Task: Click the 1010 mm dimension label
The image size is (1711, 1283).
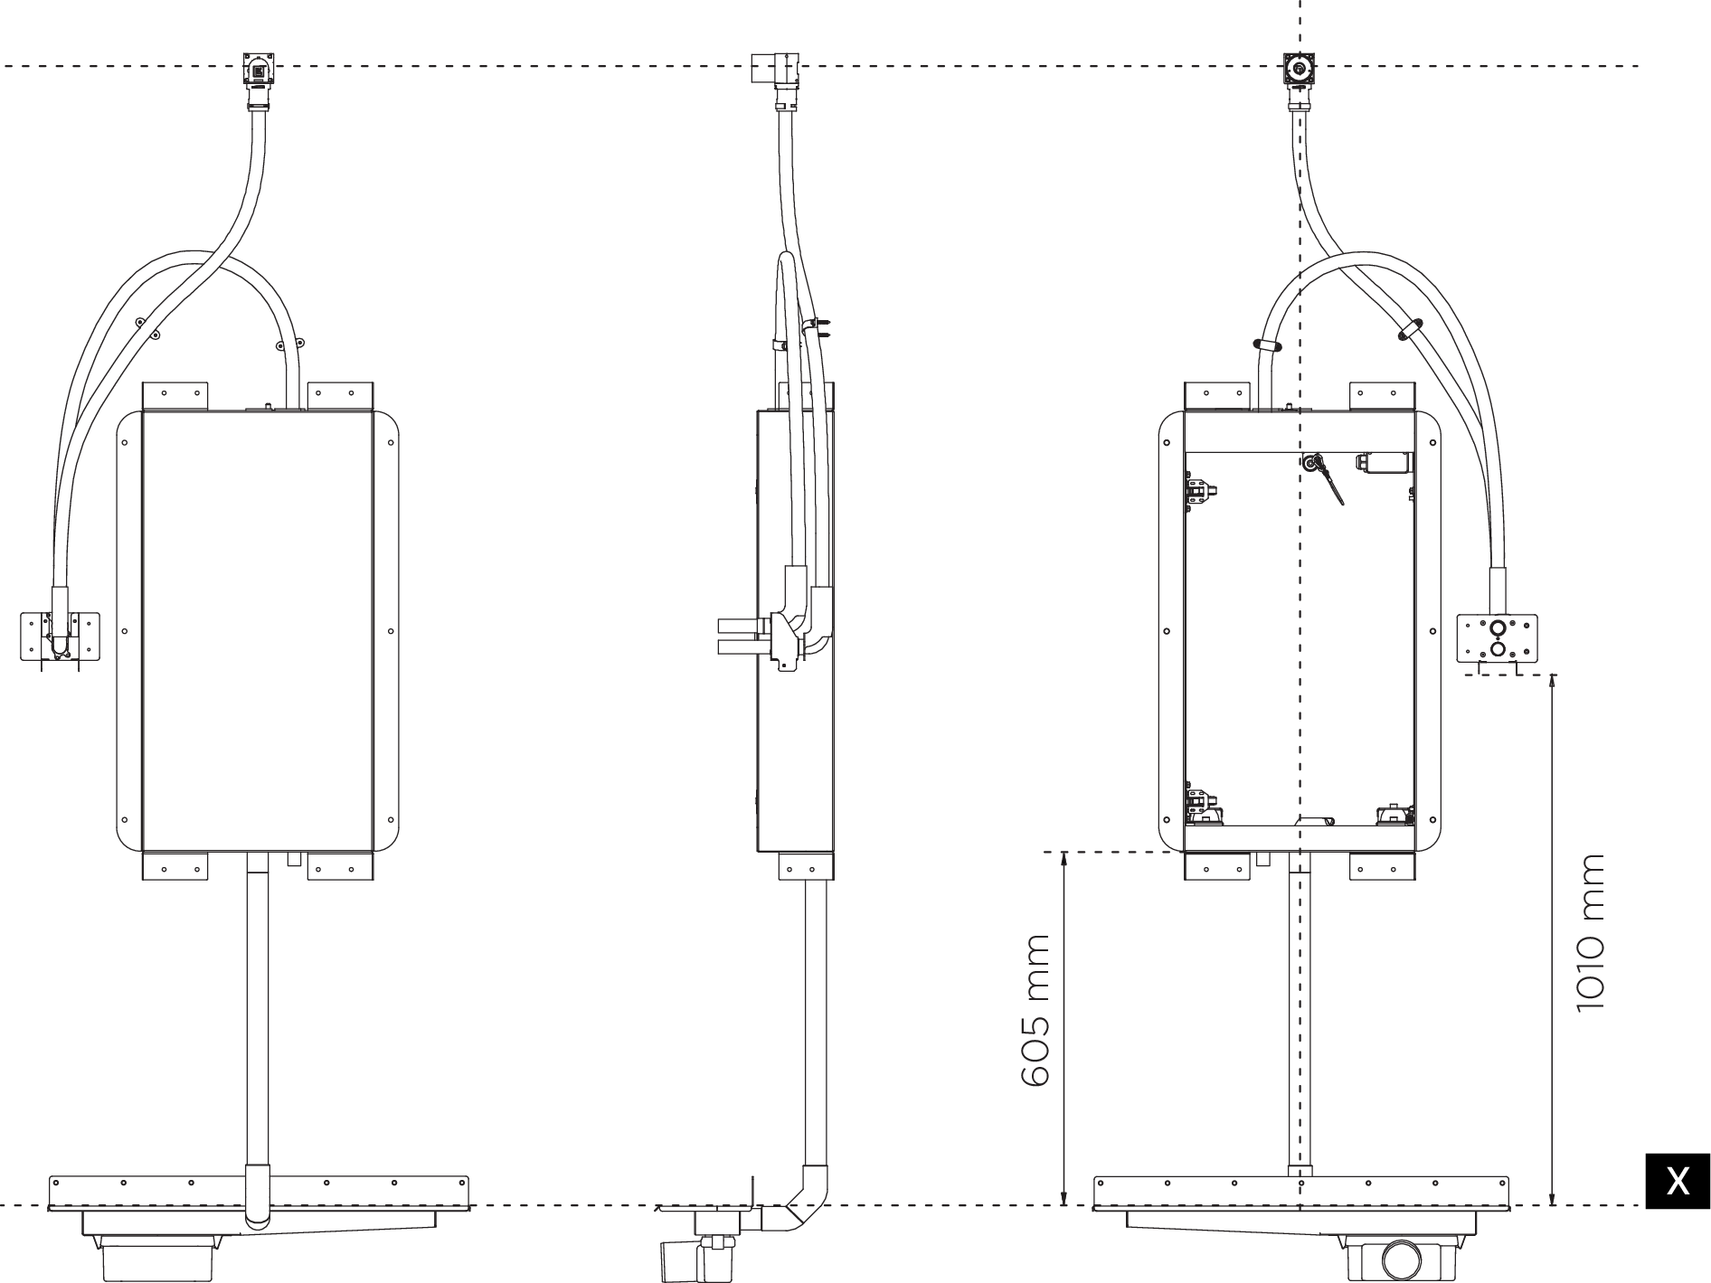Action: tap(1588, 933)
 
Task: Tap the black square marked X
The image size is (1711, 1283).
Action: tap(1677, 1181)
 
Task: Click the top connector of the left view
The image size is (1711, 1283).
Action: tap(259, 71)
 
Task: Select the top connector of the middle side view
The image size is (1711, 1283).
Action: tap(775, 70)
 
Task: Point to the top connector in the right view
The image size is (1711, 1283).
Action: tap(1300, 69)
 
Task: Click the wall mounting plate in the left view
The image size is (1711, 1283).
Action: tap(60, 636)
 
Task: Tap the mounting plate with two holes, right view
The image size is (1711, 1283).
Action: tap(1497, 638)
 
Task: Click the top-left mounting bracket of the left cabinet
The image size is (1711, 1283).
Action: tap(175, 395)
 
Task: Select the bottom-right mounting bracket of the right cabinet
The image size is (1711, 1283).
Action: tap(1382, 866)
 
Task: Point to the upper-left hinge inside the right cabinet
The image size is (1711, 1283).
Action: tap(1201, 493)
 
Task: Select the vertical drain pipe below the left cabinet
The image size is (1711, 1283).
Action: tap(258, 1013)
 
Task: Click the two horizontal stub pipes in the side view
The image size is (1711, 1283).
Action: tap(740, 636)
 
